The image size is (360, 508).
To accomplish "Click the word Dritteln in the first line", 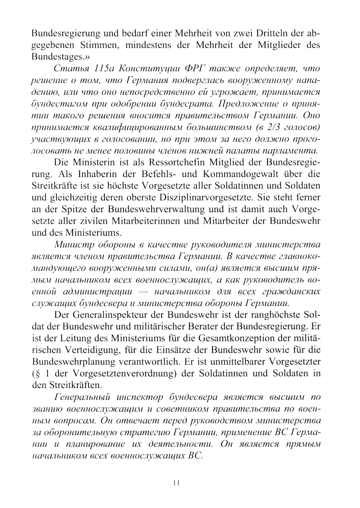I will (270, 34).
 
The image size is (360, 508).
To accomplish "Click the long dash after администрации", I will (143, 291).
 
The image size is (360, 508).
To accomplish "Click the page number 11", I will (176, 483).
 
